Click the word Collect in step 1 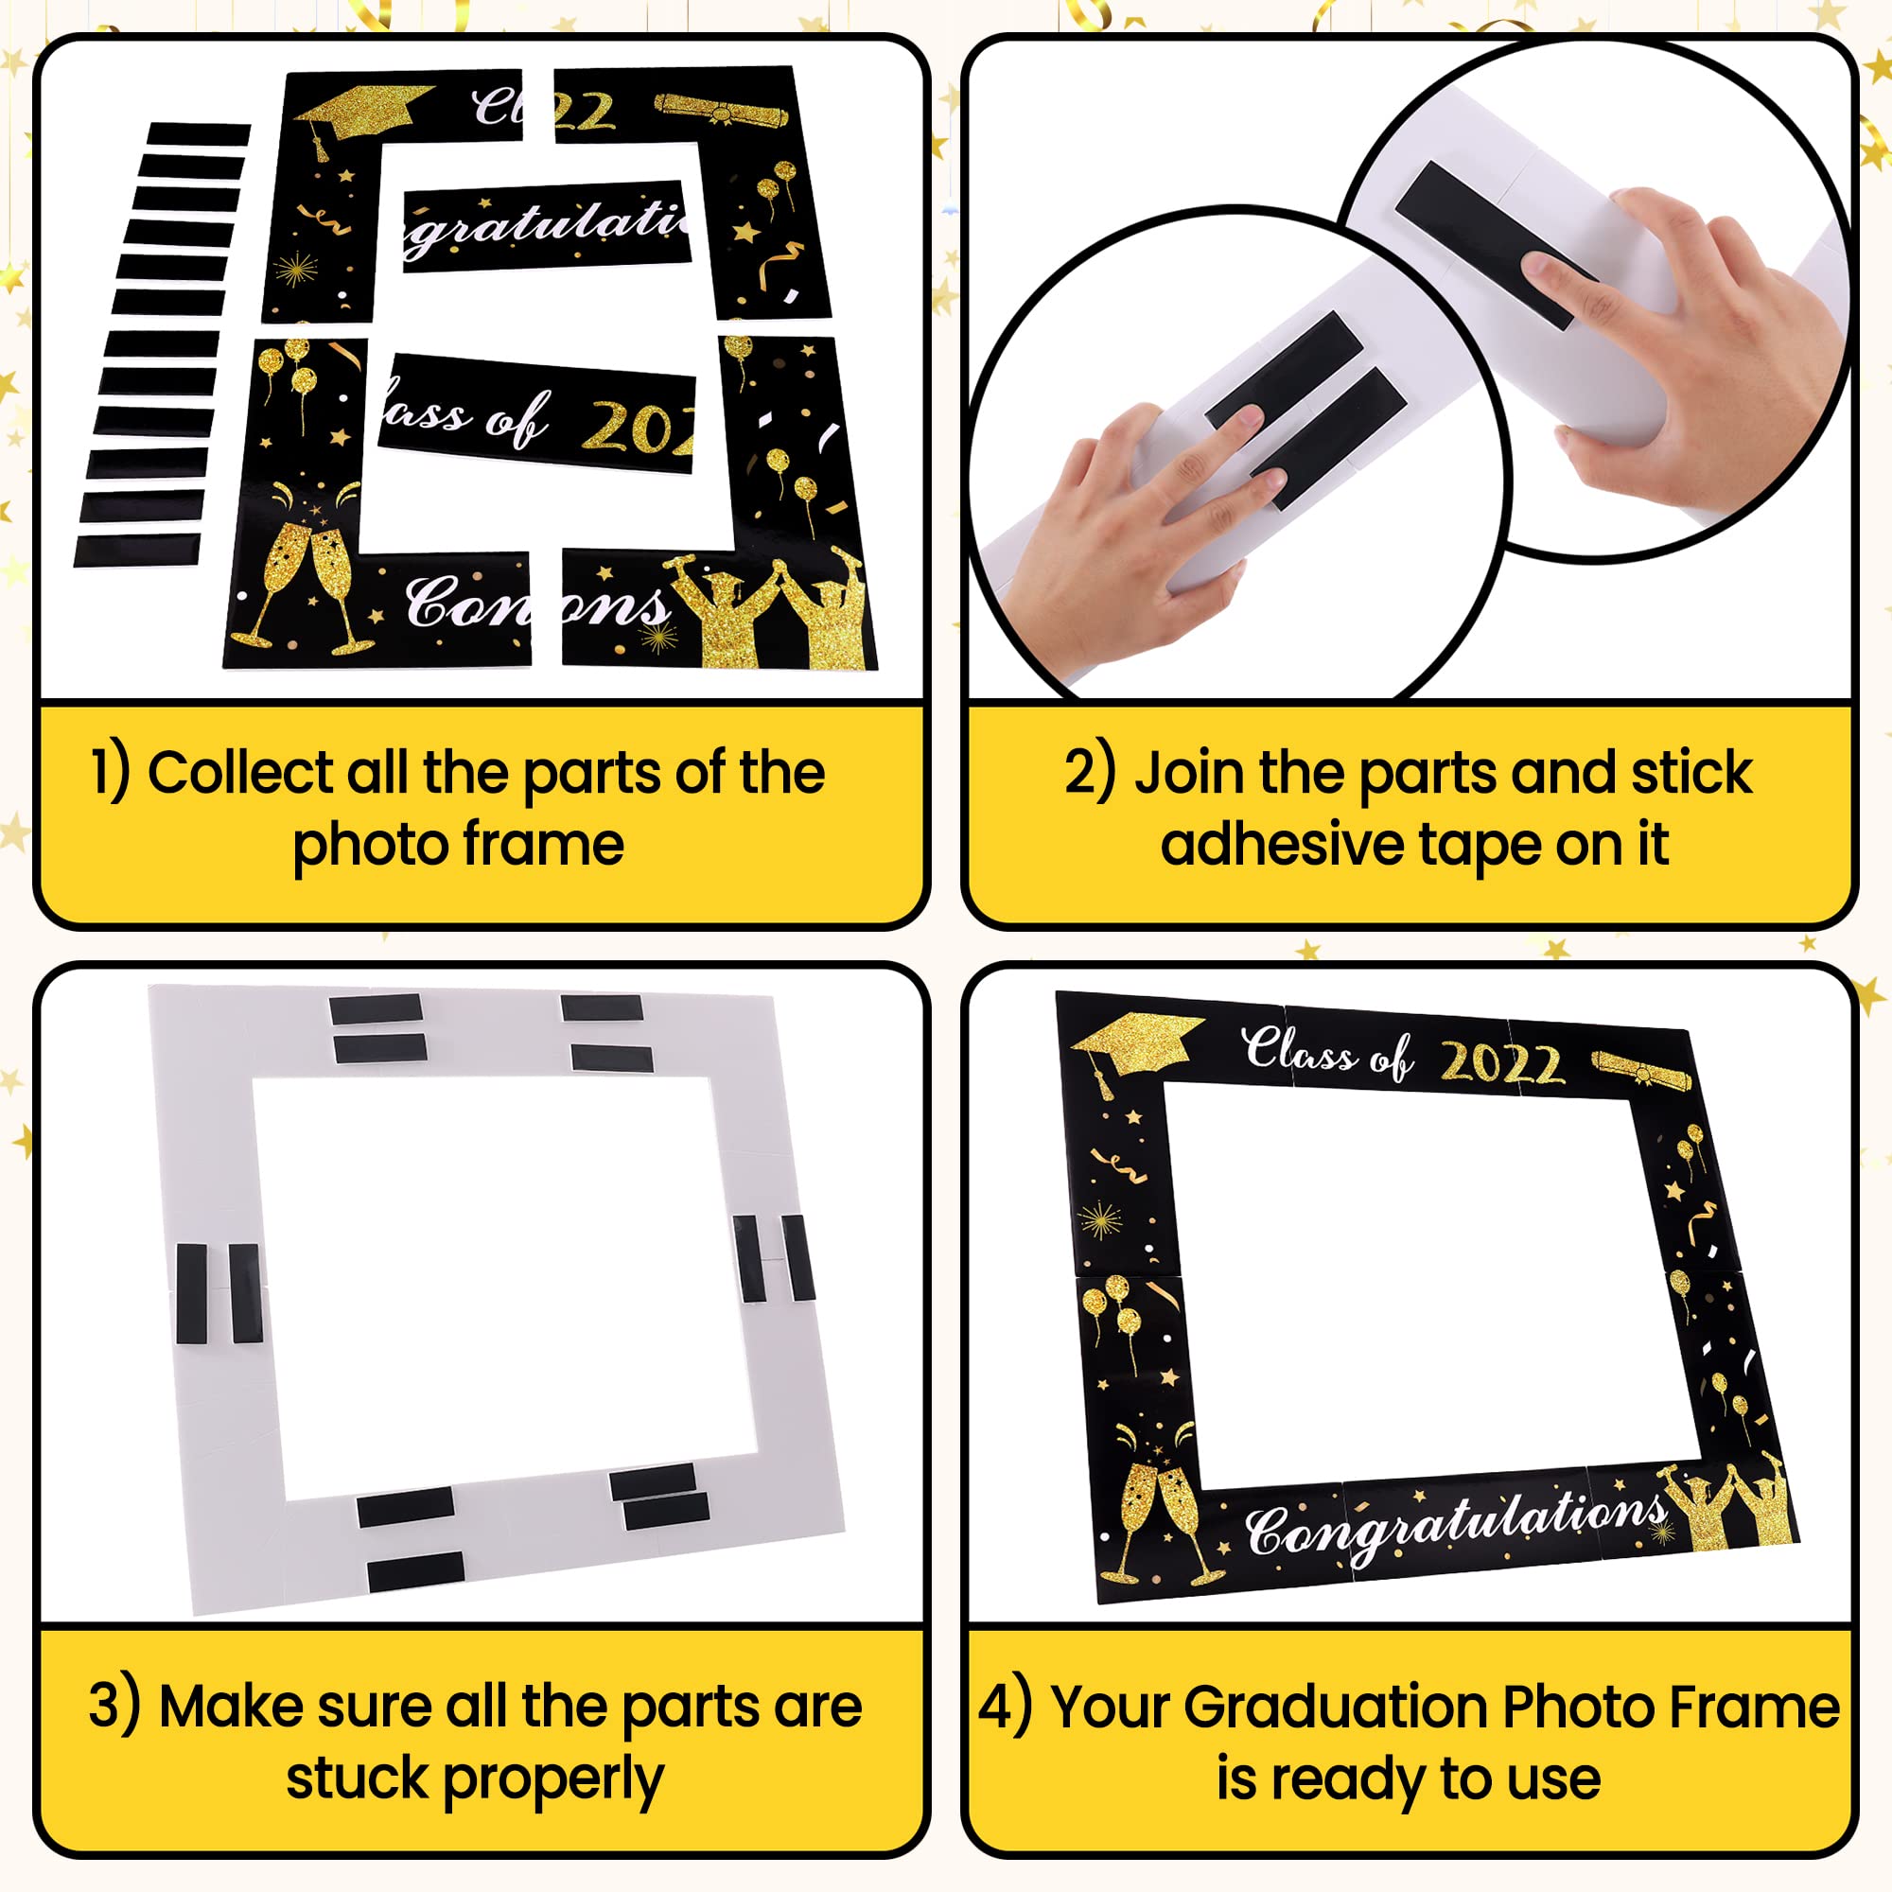click(x=240, y=774)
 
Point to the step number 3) click(x=114, y=1706)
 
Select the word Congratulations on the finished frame click(x=1454, y=1523)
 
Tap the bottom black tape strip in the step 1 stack click(x=137, y=550)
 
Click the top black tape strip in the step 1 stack click(x=199, y=134)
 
